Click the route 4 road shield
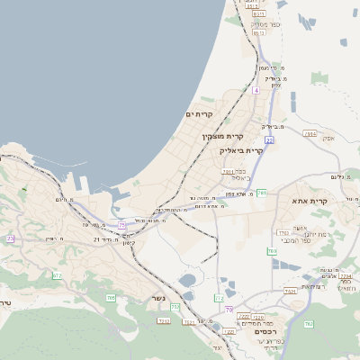(x=256, y=91)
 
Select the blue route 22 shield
(x=268, y=140)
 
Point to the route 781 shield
(x=261, y=193)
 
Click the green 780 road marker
(x=272, y=251)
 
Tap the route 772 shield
(x=219, y=298)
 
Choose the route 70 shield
(x=229, y=310)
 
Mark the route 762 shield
(x=309, y=324)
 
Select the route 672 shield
(x=58, y=275)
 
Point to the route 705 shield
(x=112, y=297)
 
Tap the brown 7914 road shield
(x=310, y=134)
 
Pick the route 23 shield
(x=11, y=238)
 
